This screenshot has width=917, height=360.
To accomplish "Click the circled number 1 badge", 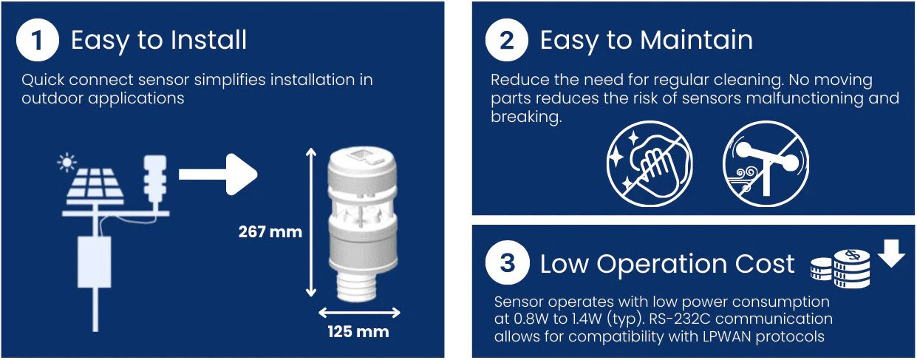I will coord(38,41).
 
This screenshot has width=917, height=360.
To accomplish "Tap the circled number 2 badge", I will coord(507,41).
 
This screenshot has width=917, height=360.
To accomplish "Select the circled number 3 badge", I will coord(507,263).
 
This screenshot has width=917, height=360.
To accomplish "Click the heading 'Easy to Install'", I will coord(159,41).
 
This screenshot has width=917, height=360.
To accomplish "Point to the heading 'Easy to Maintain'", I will coord(646,41).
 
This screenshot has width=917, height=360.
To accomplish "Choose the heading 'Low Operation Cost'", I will coord(667,264).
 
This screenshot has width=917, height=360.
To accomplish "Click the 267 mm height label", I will coord(270,232).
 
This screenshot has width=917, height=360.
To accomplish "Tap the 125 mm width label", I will coord(358,331).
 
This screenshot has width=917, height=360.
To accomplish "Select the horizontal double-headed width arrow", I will coord(358,312).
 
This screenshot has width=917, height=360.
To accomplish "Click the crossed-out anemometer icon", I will coord(766,163).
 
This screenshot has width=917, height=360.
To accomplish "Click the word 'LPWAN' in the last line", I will coord(691,336).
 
